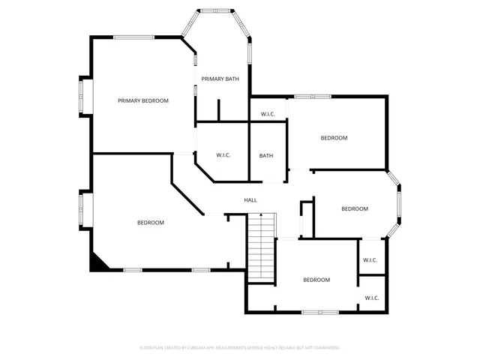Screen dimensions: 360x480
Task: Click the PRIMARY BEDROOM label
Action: coord(142,100)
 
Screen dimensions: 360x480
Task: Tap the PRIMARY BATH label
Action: coord(220,79)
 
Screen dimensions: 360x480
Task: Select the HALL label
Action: coord(250,200)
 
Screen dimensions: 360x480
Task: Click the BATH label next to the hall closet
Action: coord(266,156)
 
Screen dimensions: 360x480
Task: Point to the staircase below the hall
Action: coord(262,244)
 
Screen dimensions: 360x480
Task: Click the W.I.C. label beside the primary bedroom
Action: coord(223,155)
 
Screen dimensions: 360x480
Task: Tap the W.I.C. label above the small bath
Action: coord(268,114)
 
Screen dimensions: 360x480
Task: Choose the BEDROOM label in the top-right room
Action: coord(334,138)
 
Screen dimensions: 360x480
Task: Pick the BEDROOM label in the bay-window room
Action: coord(355,209)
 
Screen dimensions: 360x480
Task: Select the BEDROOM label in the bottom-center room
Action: coord(316,280)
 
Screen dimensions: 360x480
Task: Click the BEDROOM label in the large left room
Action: coord(150,223)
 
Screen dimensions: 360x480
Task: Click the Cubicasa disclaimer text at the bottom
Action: coord(240,348)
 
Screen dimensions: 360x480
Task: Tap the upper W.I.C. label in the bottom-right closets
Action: coord(370,260)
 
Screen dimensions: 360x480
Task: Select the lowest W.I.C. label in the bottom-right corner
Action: coord(372,298)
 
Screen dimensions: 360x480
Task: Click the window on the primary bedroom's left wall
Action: coord(85,95)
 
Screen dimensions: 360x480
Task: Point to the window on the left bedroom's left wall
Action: coord(85,209)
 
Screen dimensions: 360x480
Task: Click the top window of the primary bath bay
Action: coord(217,10)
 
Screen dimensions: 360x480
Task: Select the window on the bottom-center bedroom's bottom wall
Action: coord(319,311)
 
